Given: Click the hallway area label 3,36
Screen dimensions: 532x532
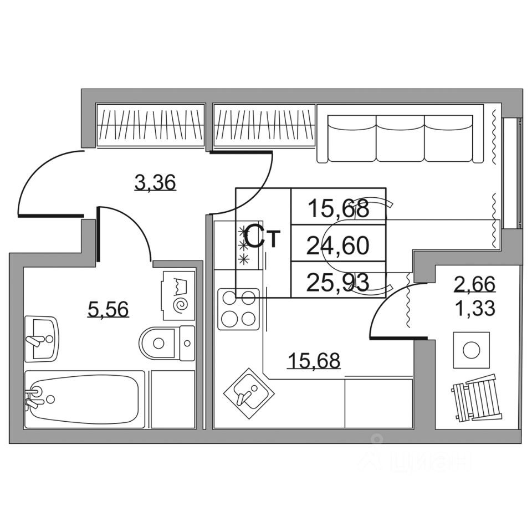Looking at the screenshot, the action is tap(156, 181).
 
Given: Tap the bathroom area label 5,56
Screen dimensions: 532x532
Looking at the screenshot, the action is tap(109, 309).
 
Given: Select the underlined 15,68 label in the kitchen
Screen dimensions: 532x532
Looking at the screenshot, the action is tap(314, 360).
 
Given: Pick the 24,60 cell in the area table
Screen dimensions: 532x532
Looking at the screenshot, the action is tap(338, 244).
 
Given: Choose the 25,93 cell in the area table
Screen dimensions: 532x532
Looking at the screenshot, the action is tap(338, 282).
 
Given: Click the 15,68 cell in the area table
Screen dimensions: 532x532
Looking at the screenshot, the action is tap(338, 208).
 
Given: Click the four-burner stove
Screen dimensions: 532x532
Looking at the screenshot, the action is tap(239, 309).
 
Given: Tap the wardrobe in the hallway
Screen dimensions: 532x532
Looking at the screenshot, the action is tap(152, 126).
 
